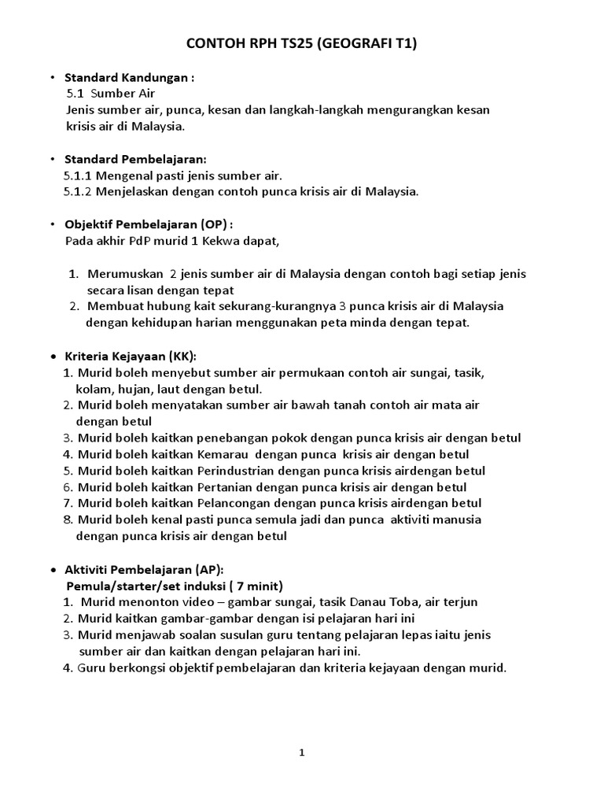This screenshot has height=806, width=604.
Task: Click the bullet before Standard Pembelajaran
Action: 52,159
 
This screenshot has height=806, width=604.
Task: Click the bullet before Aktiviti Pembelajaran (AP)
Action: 53,569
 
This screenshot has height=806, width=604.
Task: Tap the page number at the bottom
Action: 301,752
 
